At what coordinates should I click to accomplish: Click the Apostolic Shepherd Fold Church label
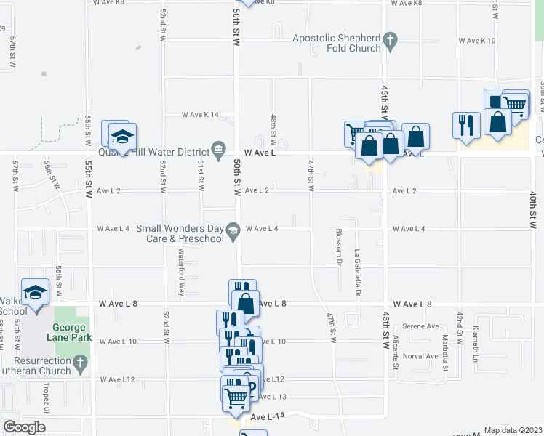337,43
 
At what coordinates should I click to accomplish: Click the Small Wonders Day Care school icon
233,231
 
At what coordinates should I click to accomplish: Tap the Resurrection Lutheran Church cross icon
80,361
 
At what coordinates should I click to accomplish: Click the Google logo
24,427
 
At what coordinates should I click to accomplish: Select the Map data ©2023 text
513,430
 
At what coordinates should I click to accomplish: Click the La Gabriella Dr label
357,273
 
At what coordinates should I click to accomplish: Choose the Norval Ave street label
421,356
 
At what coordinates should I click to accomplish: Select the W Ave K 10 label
477,41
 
